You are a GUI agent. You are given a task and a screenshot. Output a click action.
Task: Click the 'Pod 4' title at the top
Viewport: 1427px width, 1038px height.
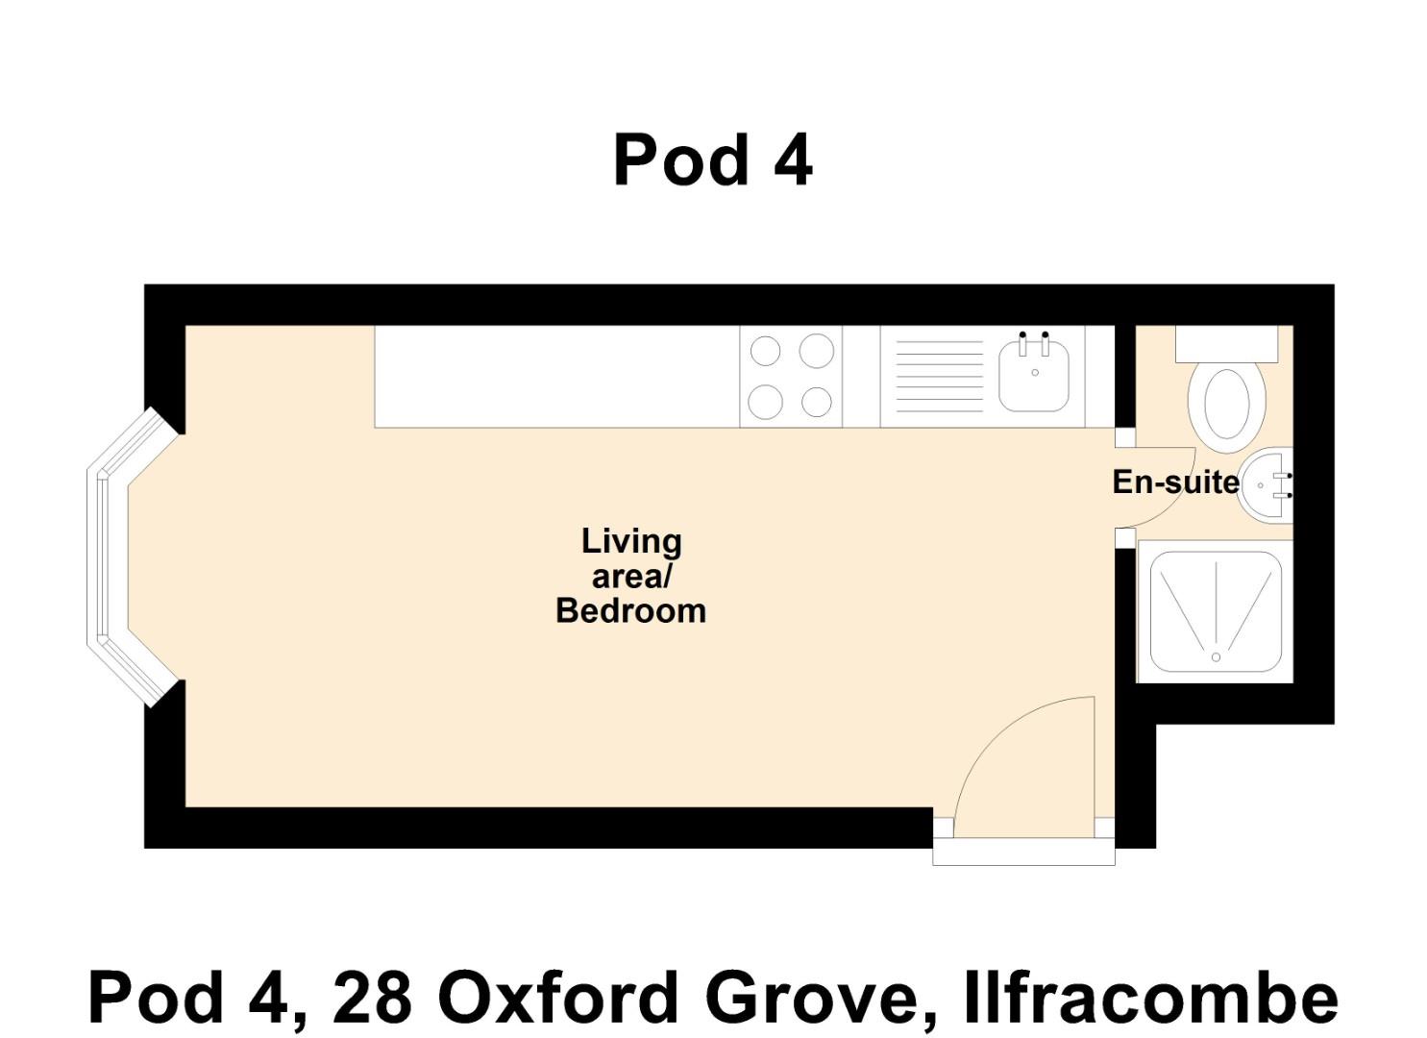pos(712,160)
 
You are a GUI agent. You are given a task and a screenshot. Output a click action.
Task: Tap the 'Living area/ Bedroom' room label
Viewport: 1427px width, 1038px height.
pos(630,576)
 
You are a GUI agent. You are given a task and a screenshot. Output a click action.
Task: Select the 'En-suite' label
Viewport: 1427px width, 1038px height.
pos(1174,482)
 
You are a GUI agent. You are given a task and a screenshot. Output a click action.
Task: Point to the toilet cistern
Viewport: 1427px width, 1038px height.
pos(1226,343)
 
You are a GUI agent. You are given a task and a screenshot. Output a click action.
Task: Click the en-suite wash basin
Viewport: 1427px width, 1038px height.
pos(1267,485)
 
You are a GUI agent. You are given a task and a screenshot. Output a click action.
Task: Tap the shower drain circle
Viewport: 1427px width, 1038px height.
pos(1216,657)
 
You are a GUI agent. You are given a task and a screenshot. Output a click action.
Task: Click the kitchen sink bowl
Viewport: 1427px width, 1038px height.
pos(1034,376)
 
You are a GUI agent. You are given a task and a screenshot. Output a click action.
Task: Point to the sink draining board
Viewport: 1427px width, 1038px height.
pos(939,376)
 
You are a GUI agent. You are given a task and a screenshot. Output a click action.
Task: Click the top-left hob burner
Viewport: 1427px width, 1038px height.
pos(765,351)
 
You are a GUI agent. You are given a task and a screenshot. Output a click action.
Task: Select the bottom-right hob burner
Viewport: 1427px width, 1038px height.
pos(816,402)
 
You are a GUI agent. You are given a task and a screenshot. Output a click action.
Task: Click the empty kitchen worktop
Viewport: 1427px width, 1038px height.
pos(556,376)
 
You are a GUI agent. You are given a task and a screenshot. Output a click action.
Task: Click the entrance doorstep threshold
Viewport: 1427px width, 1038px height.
pos(1023,852)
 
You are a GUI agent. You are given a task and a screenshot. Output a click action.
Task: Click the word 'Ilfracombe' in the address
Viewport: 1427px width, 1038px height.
pos(1150,998)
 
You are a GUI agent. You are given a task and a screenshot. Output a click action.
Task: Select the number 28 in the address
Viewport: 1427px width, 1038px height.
pos(372,998)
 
